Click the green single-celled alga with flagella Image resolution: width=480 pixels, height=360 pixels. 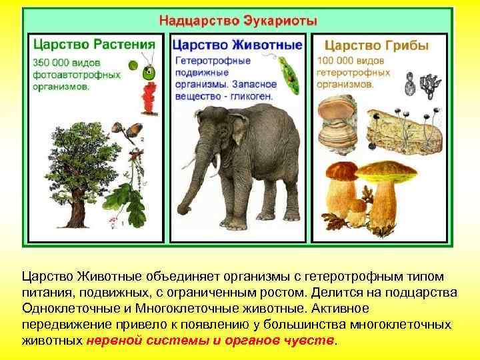pyautogui.click(x=151, y=67)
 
